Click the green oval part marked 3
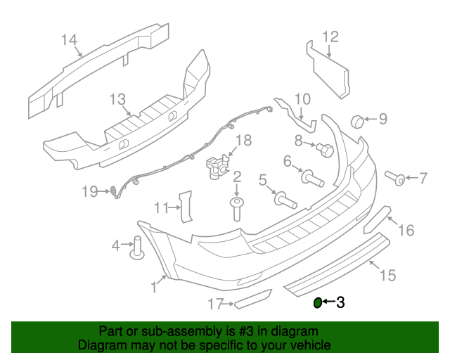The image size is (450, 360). pyautogui.click(x=317, y=303)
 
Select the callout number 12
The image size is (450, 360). pyautogui.click(x=330, y=37)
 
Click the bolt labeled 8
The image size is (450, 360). pyautogui.click(x=325, y=149)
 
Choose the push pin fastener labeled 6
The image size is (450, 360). pyautogui.click(x=312, y=176)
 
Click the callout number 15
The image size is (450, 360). pyautogui.click(x=387, y=275)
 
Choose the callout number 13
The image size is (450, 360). pyautogui.click(x=117, y=99)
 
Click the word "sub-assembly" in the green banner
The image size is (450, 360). pyautogui.click(x=168, y=330)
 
